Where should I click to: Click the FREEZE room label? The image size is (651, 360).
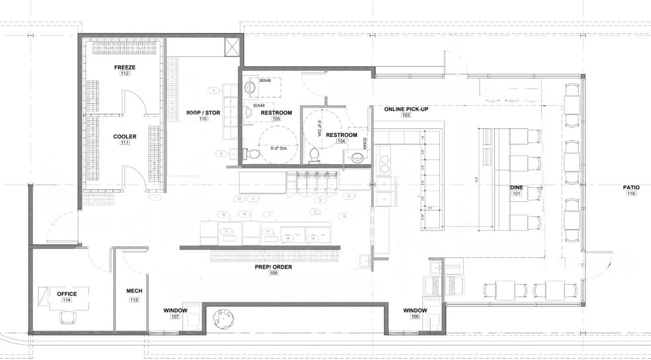[x=124, y=67]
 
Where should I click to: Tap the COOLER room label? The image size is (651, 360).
[x=124, y=136]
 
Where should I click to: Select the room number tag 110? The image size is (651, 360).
[x=202, y=119]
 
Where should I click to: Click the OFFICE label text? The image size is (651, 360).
[x=67, y=294]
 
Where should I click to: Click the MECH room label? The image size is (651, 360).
[x=134, y=291]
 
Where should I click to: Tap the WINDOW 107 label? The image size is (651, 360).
[x=175, y=310]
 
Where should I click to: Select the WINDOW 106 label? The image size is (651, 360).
[x=415, y=310]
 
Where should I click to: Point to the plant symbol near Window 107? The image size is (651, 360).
[x=220, y=318]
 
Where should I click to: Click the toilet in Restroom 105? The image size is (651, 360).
[x=252, y=154]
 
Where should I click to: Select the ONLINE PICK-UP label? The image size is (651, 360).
[x=406, y=108]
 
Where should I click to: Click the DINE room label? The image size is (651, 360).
[x=517, y=187]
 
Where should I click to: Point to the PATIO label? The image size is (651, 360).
[x=631, y=187]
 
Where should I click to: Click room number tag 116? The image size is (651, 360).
[x=631, y=194]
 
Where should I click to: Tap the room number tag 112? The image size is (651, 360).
[x=124, y=74]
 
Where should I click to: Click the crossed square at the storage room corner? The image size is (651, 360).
[x=233, y=48]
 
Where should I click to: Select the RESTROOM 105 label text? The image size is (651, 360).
[x=277, y=113]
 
